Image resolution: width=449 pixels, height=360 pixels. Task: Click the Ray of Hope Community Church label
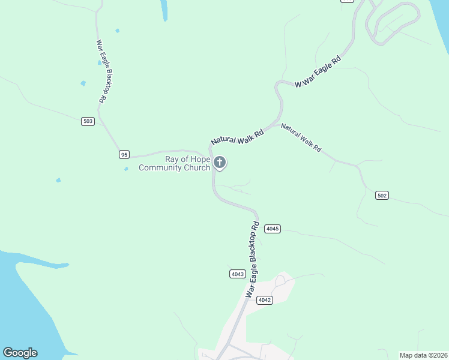tap(175, 163)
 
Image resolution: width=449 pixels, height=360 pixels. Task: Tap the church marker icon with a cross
tap(220, 163)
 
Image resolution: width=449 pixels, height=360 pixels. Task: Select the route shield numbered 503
tap(88, 121)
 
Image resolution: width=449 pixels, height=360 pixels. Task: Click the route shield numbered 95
tap(124, 154)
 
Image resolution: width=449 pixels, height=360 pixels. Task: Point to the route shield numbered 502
tap(382, 196)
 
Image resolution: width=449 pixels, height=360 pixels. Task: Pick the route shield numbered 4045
tap(273, 229)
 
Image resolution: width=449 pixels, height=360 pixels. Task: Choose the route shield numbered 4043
tap(238, 274)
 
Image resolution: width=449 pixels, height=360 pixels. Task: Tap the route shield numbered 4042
tap(265, 300)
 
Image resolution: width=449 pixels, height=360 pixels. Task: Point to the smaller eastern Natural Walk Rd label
tap(301, 137)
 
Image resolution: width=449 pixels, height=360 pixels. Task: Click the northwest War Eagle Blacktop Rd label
tap(101, 71)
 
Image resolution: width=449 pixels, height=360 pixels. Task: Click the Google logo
tap(20, 353)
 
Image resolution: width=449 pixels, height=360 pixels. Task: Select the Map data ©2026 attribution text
tap(423, 355)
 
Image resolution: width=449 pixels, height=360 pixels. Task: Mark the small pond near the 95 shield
tap(126, 169)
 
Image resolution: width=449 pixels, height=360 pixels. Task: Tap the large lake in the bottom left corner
tap(24, 300)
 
